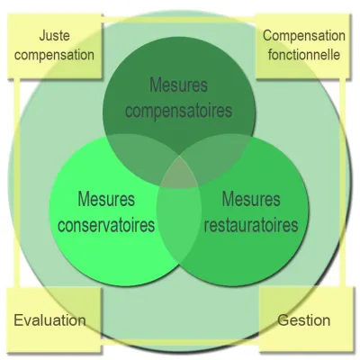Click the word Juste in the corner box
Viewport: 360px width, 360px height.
point(55,36)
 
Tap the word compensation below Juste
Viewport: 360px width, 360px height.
point(54,55)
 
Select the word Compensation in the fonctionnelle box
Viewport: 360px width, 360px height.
point(304,36)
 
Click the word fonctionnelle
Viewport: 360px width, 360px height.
point(304,55)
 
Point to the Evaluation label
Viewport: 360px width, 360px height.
point(49,320)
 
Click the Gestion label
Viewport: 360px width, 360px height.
point(303,320)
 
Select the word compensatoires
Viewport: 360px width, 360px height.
point(179,111)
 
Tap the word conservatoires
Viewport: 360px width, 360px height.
point(106,225)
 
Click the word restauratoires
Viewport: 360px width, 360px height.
point(251,225)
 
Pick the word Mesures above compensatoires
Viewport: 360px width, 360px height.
point(179,85)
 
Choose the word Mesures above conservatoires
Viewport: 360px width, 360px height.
point(106,199)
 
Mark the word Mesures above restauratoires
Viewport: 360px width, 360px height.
point(251,199)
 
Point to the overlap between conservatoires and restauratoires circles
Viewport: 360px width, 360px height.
point(179,223)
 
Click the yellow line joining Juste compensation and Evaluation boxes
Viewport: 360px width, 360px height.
point(17,183)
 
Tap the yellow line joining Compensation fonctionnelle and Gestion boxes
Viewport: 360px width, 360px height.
point(342,183)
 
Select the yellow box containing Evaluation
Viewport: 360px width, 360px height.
point(54,319)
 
